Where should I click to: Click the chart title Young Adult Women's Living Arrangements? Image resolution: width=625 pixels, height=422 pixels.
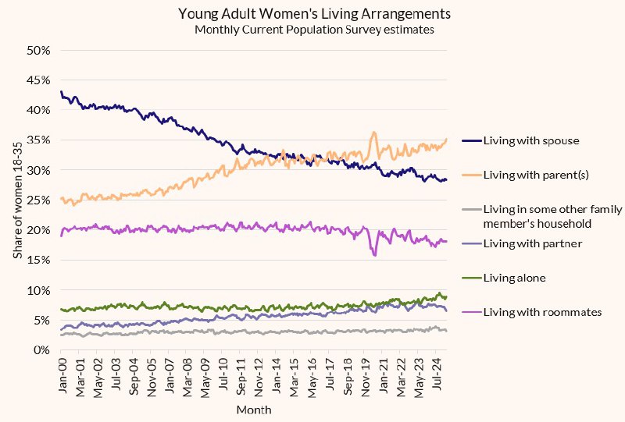coord(315,14)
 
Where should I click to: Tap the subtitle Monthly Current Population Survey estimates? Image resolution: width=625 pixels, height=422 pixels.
coord(315,30)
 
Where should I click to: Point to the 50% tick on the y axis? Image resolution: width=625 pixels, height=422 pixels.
coord(38,51)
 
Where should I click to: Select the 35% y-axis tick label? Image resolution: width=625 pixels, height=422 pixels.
coord(38,140)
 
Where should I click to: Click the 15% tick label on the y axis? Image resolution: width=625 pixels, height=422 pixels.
coord(38,260)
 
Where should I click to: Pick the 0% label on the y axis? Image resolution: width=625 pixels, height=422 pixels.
coord(41,350)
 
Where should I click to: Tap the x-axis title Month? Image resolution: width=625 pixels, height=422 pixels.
coord(254,410)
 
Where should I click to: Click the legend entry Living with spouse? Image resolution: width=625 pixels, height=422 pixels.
coord(520,140)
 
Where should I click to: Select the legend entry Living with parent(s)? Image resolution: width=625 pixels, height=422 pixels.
coord(525,175)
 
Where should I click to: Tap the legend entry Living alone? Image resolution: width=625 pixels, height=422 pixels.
coord(504,278)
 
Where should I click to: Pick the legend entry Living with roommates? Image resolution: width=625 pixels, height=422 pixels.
coord(532,312)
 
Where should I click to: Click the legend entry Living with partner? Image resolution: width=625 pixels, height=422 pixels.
coord(522,243)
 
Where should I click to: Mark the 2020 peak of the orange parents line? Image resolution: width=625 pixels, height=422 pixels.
coord(374,132)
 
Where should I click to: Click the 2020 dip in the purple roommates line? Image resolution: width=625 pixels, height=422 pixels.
coord(374,255)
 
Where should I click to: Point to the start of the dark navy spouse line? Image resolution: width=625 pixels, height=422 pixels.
coord(61,91)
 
